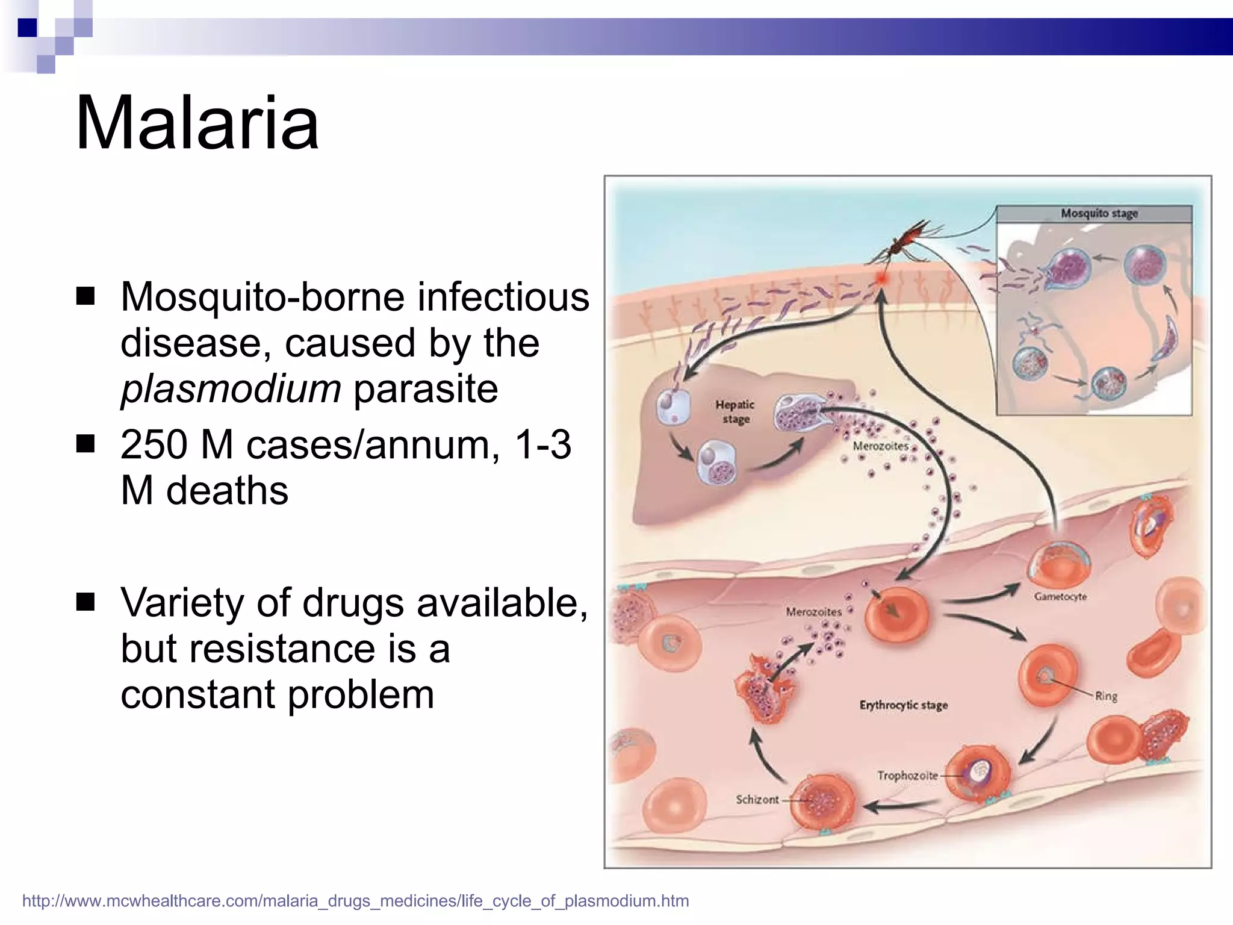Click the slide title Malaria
197,123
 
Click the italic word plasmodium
231,390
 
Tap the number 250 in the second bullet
154,445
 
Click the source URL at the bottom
355,901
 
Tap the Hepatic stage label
735,412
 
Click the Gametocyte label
1060,597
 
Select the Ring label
1106,696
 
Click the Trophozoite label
907,776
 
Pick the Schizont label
757,800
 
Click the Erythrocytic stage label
903,705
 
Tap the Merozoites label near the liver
880,446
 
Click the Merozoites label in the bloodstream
813,612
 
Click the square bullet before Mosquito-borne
86,296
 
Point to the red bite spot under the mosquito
882,279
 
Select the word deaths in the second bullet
227,491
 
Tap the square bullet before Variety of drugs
86,602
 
